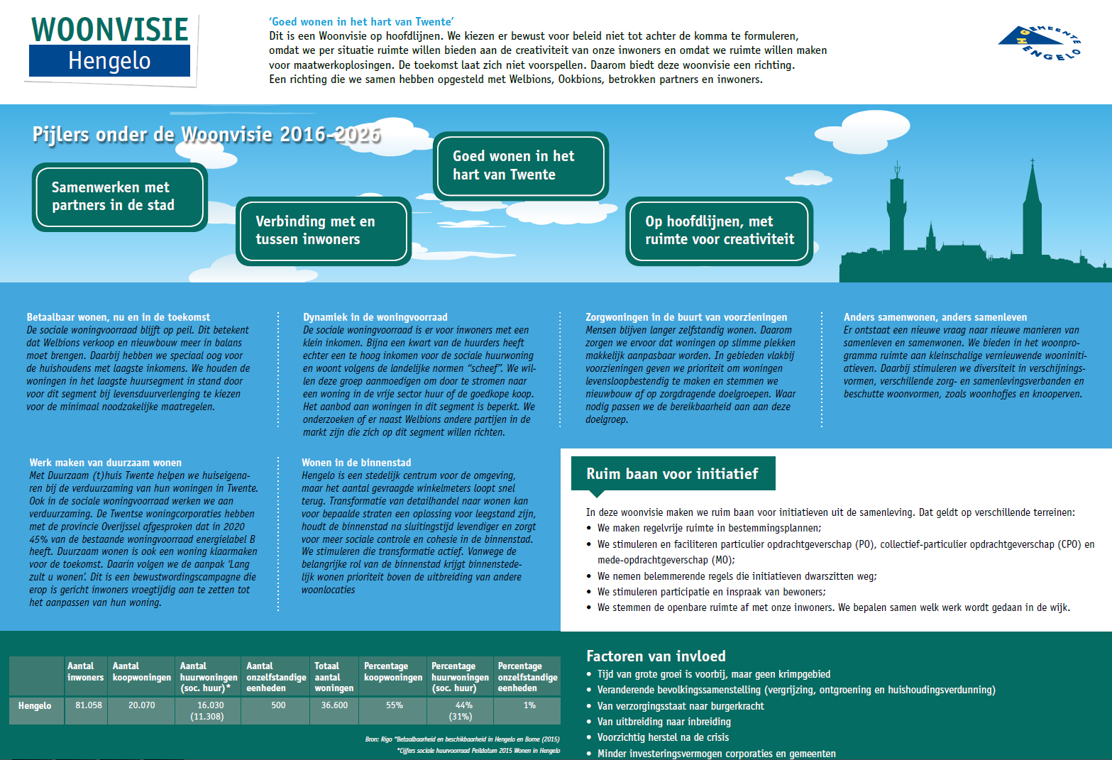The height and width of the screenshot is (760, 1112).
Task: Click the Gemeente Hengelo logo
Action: pyautogui.click(x=1040, y=43)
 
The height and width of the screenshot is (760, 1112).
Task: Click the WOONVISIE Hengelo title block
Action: pyautogui.click(x=110, y=46)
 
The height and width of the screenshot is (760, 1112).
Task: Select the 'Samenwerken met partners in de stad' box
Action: pyautogui.click(x=119, y=197)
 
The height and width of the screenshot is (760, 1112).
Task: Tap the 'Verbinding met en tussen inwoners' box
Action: pyautogui.click(x=324, y=231)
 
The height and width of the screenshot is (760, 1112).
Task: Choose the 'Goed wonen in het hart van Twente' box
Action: pyautogui.click(x=520, y=165)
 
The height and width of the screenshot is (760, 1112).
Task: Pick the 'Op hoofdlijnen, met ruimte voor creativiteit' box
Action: pyautogui.click(x=719, y=231)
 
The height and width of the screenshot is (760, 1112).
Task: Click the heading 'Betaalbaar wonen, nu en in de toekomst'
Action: pyautogui.click(x=119, y=317)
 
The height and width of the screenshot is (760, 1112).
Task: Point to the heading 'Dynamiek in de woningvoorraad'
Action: pyautogui.click(x=375, y=317)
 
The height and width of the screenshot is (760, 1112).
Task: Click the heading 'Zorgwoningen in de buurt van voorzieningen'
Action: pyautogui.click(x=686, y=317)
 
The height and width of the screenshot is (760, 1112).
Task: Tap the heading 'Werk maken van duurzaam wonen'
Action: pyautogui.click(x=106, y=463)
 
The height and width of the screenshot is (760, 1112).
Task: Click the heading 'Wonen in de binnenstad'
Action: pyautogui.click(x=356, y=463)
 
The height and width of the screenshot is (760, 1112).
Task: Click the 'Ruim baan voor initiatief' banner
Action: pyautogui.click(x=672, y=474)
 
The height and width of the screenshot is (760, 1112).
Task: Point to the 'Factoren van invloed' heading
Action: pyautogui.click(x=656, y=656)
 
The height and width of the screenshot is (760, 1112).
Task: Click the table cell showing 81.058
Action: pyautogui.click(x=89, y=705)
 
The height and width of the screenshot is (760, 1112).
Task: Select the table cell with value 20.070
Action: pyautogui.click(x=141, y=705)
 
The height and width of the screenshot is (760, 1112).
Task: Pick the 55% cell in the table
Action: pyautogui.click(x=394, y=705)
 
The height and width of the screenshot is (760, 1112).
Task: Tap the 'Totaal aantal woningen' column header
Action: pyautogui.click(x=334, y=677)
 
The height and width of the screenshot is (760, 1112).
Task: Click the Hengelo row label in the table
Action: pyautogui.click(x=35, y=706)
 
